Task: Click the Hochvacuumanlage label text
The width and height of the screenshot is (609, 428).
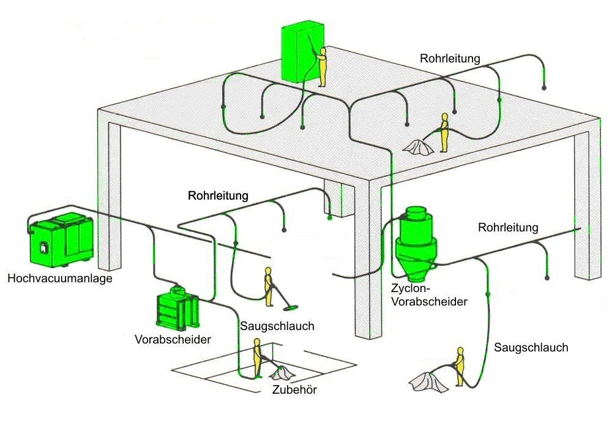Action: pos(60,279)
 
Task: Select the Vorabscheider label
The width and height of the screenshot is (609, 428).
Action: pos(173,339)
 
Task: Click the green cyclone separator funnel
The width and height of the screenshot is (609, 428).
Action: pos(416,241)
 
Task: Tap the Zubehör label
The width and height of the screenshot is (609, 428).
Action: pos(294,391)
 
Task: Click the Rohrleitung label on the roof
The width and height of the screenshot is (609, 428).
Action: pos(450,59)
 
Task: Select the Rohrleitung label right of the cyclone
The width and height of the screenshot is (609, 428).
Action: pos(508,228)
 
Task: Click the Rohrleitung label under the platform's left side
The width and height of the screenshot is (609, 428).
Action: pos(219,196)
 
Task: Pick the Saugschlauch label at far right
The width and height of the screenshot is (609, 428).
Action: pos(531,348)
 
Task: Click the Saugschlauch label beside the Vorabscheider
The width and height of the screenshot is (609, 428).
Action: pos(277,326)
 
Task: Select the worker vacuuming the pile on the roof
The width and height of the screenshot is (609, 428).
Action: pos(444,132)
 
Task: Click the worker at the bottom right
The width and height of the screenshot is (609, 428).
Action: pos(460,367)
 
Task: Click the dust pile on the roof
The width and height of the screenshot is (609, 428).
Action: pos(419,146)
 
